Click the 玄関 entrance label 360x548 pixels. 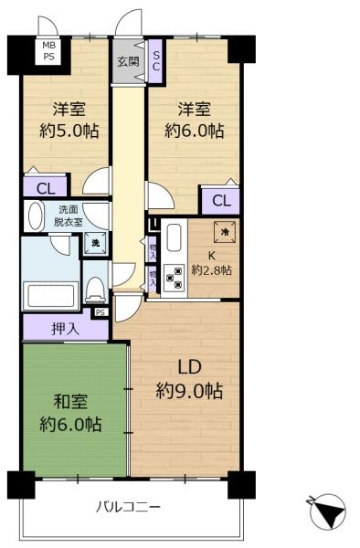tap(127, 62)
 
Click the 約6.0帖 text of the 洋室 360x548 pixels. tap(194, 130)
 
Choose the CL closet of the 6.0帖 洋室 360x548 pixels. tap(219, 201)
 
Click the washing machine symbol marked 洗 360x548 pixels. tap(94, 243)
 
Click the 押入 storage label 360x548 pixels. tap(67, 327)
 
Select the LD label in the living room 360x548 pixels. tap(189, 368)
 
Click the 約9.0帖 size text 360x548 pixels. tap(189, 391)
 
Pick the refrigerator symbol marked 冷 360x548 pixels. tap(222, 231)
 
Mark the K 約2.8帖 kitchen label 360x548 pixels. tap(211, 262)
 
